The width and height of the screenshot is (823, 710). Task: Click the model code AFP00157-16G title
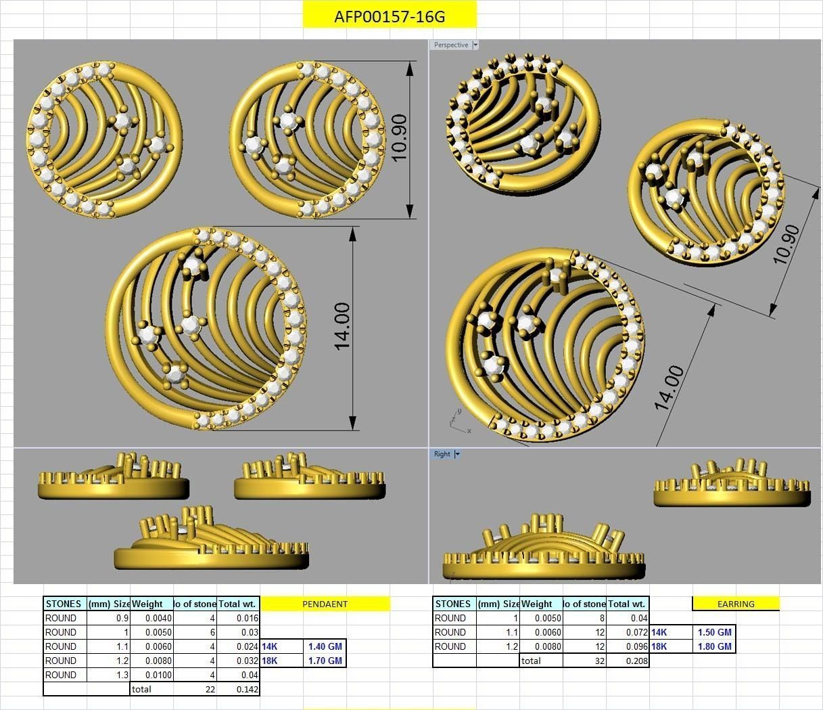(390, 16)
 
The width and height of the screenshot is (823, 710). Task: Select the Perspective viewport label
(450, 45)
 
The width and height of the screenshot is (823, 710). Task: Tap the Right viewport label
(442, 454)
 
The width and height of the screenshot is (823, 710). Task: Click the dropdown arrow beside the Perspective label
(475, 45)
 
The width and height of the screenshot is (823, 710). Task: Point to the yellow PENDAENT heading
(325, 604)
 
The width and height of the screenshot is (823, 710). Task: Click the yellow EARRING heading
(736, 604)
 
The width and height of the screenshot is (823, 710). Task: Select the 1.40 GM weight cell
(325, 646)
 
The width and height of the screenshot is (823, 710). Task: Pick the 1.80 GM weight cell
(715, 646)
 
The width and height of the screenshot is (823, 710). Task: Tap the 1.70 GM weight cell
(325, 661)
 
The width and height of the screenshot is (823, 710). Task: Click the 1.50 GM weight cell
(715, 632)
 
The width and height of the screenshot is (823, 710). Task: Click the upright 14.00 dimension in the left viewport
(342, 326)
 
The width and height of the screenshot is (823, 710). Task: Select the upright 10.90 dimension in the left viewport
(399, 137)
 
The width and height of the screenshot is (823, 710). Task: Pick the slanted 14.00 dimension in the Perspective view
(669, 388)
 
